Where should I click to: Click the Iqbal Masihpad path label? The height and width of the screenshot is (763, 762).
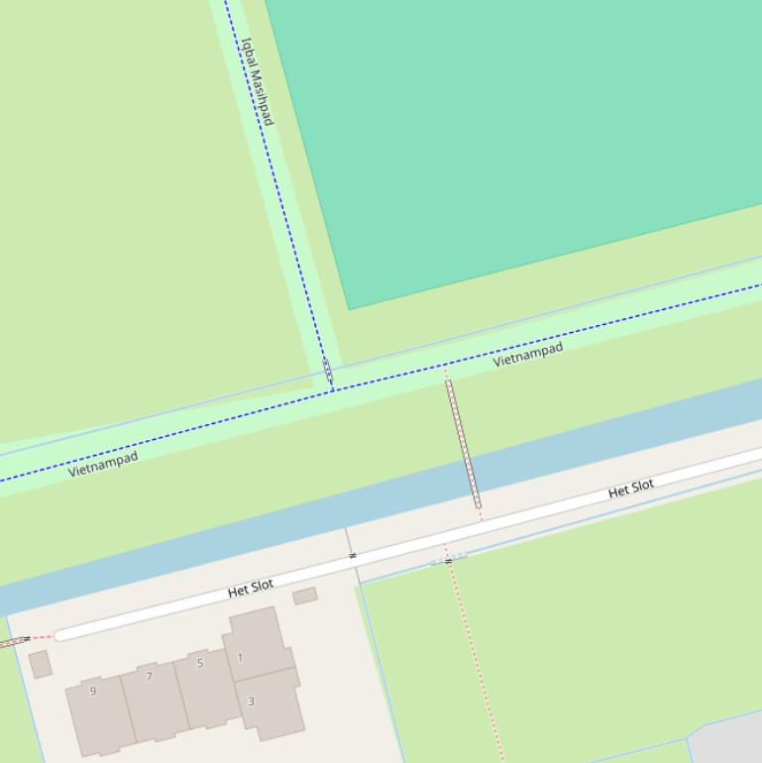(257, 81)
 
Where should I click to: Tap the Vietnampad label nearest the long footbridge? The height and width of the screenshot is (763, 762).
(528, 354)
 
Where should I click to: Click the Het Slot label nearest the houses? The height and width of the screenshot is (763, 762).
(251, 588)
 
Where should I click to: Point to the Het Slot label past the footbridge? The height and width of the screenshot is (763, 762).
(631, 488)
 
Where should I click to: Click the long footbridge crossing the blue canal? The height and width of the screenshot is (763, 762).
(463, 444)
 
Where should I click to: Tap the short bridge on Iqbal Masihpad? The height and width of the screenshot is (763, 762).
(328, 372)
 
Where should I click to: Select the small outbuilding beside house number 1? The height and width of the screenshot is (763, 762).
(305, 596)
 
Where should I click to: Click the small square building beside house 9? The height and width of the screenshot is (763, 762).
(41, 664)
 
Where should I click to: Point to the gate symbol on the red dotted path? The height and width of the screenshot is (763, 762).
(448, 561)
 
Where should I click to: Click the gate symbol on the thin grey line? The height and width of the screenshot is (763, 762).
(352, 556)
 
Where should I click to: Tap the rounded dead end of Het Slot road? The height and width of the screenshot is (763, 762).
(61, 634)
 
